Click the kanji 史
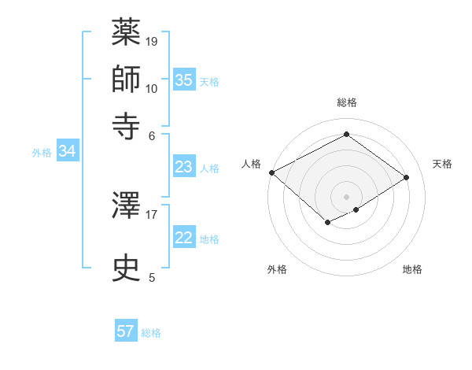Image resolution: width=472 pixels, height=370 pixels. [x=127, y=268]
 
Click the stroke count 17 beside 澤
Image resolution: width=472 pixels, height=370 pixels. [x=152, y=213]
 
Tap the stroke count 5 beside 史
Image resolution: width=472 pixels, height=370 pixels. [x=152, y=277]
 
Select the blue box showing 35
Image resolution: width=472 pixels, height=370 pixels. [x=183, y=80]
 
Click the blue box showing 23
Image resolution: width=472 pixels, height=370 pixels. [x=183, y=167]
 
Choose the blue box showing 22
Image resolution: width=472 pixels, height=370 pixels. [x=183, y=238]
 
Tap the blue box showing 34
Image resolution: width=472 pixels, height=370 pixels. [x=67, y=152]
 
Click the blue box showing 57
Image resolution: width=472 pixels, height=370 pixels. [x=126, y=331]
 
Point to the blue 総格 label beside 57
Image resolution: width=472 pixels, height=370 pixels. [x=151, y=333]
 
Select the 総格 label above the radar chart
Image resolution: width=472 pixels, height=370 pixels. [x=347, y=102]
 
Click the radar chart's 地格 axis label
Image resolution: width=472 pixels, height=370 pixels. [x=412, y=270]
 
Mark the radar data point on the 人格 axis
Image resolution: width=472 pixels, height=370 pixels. [x=271, y=172]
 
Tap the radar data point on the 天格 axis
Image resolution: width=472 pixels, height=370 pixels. [x=407, y=178]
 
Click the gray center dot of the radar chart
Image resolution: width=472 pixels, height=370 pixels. [x=347, y=196]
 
